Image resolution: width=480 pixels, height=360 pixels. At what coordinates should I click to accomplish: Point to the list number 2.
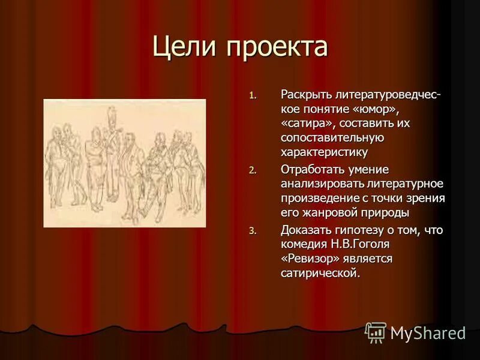(x=253, y=170)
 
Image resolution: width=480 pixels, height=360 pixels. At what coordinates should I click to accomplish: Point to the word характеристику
(x=324, y=152)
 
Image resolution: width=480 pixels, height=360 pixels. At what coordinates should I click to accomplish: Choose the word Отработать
(x=311, y=169)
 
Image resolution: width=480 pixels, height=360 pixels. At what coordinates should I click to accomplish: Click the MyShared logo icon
(x=376, y=332)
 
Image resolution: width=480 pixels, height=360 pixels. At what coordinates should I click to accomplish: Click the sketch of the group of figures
(x=125, y=163)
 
